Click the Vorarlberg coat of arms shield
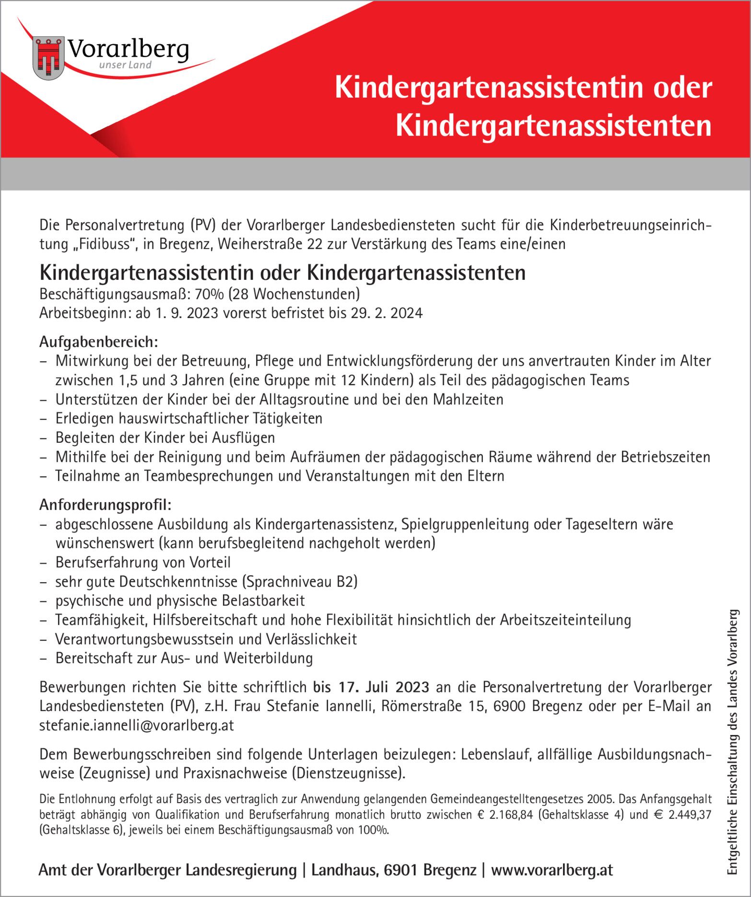click(48, 58)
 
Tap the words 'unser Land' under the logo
click(125, 65)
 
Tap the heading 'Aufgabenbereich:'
click(99, 342)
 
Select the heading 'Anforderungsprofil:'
click(106, 505)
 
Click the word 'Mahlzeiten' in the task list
click(468, 399)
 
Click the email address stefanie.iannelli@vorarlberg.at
click(137, 725)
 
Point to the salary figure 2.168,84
click(511, 815)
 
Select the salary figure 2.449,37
click(689, 815)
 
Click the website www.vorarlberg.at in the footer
click(552, 870)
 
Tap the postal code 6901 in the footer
click(401, 870)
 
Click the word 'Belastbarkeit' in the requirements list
click(263, 600)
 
